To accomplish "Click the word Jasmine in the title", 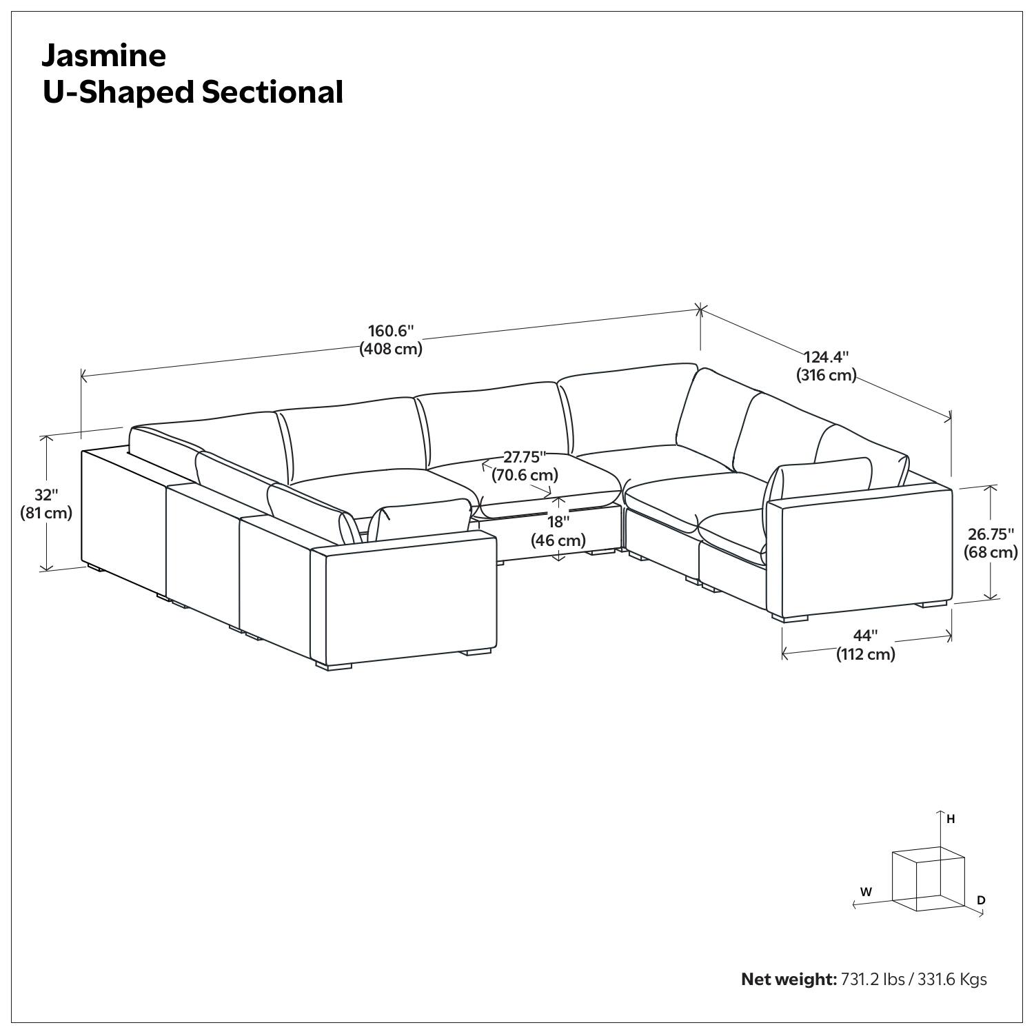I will [104, 55].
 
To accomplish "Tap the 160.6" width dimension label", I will [390, 330].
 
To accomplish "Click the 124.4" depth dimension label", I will [827, 357].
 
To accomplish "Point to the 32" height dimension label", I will [46, 495].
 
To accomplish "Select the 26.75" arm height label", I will [991, 534].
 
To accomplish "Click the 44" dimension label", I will [865, 636].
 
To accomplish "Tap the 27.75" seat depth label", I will [524, 457].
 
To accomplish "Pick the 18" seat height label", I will [558, 522].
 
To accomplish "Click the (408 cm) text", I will [391, 349].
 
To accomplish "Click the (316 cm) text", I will [826, 376].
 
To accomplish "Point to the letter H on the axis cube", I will [951, 820].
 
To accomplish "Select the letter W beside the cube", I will [866, 892].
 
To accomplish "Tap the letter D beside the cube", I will [981, 900].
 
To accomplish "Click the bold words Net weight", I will [788, 979].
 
